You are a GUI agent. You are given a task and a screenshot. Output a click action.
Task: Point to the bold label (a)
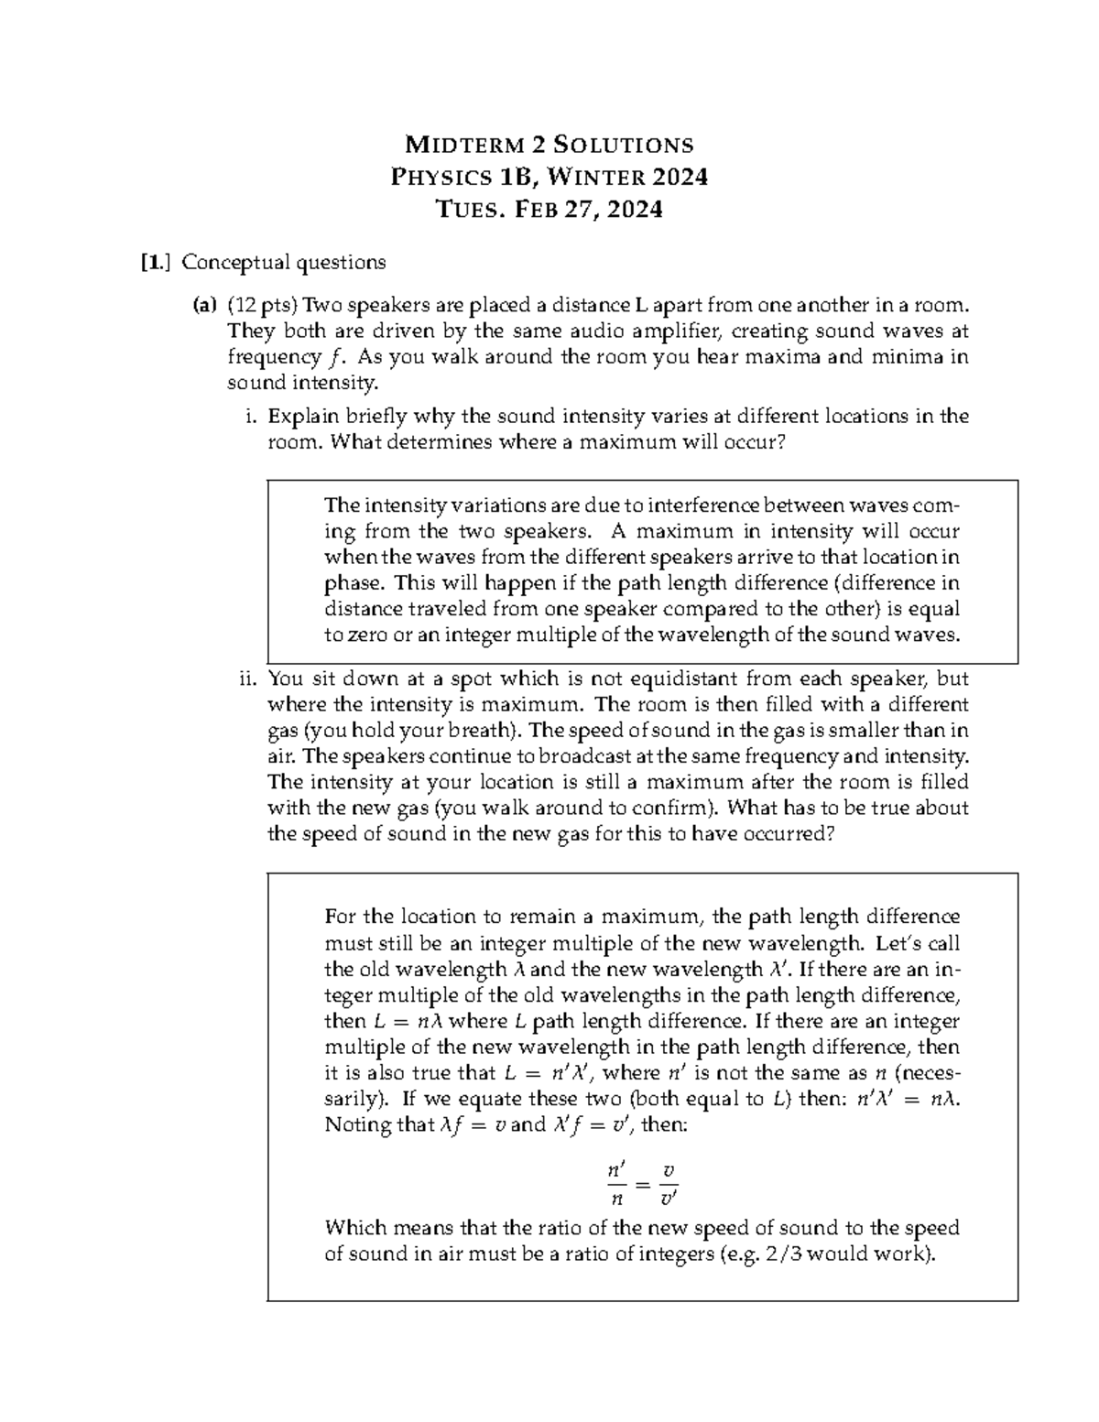203,305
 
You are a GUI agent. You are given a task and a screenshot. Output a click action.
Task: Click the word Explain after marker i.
304,417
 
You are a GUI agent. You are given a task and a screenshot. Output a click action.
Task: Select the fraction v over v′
669,1184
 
